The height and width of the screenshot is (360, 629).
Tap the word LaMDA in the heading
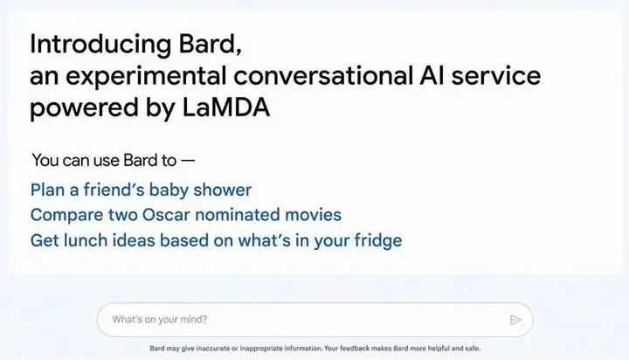click(226, 107)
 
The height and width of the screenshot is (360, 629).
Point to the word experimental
click(146, 77)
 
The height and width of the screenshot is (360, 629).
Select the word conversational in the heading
click(323, 75)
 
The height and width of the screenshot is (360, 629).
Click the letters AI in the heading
click(432, 75)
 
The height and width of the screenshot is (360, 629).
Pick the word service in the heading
click(496, 75)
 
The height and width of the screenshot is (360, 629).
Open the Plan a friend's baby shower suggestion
click(141, 190)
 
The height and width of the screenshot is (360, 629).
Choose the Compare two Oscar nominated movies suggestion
click(186, 215)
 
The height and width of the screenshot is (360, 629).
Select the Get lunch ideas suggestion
click(217, 240)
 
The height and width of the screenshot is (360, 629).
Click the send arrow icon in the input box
click(515, 320)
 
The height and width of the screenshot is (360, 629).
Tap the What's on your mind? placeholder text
click(160, 320)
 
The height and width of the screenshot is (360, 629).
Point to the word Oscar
click(166, 215)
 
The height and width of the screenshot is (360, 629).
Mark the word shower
click(222, 190)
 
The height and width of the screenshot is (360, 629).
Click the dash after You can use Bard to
click(188, 161)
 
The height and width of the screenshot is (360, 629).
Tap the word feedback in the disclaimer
click(355, 349)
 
